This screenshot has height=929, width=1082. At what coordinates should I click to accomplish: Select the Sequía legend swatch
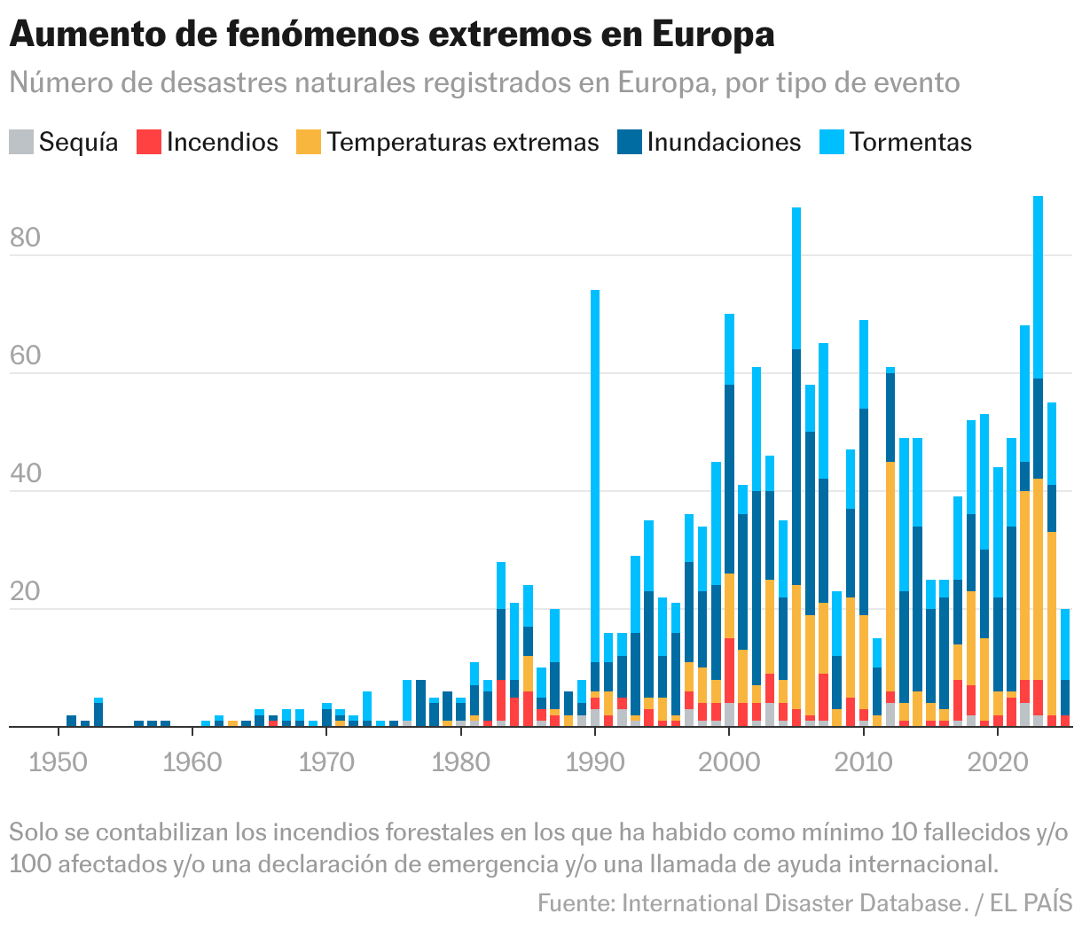(21, 143)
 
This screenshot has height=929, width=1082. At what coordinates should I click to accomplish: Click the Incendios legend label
(222, 143)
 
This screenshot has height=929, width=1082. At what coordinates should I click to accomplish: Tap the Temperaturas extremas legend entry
(462, 143)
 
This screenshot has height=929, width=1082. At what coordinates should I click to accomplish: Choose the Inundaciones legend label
(724, 143)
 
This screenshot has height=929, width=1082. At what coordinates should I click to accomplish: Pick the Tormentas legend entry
(910, 143)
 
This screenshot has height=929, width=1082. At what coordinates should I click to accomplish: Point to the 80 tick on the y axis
(26, 238)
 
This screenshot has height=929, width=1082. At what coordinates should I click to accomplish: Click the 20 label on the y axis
(26, 592)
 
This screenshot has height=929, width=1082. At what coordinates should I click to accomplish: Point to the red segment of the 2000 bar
(729, 670)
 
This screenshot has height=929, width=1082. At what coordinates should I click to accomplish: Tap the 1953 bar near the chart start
(98, 714)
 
